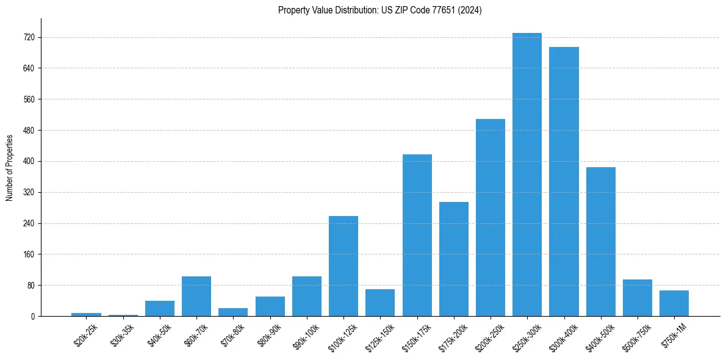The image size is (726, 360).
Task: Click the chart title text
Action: click(x=379, y=10)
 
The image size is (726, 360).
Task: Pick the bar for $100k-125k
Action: click(x=343, y=266)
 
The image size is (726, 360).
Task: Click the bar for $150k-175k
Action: click(x=417, y=236)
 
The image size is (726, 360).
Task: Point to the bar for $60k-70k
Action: click(x=196, y=297)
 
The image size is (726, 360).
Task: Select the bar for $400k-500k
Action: click(x=600, y=242)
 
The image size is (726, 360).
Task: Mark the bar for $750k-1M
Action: click(x=674, y=303)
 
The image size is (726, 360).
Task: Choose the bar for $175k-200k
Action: click(x=454, y=259)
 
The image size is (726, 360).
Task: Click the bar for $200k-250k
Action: click(x=491, y=218)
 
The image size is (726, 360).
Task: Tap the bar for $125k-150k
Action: click(x=380, y=303)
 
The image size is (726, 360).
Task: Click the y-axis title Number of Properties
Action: click(x=10, y=168)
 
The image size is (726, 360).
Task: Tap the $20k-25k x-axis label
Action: click(x=85, y=335)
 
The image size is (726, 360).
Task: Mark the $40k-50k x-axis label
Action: click(x=159, y=335)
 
